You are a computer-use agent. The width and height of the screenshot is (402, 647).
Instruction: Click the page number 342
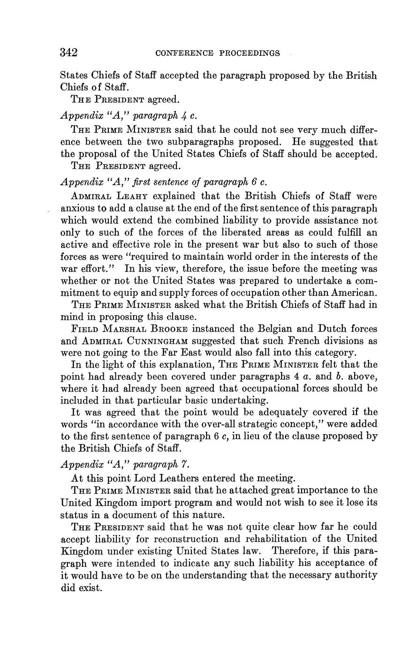click(69, 53)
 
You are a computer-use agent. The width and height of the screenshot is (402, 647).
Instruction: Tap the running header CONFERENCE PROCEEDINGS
click(217, 53)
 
